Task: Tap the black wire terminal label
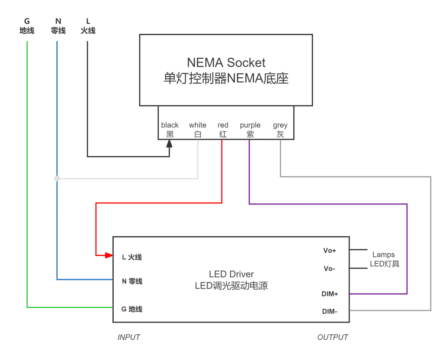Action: [x=170, y=129]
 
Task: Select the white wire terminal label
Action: [x=198, y=129]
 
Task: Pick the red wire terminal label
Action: [x=223, y=129]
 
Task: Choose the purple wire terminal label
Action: [x=250, y=129]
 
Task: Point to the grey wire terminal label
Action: [x=280, y=129]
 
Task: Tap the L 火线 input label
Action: [x=132, y=257]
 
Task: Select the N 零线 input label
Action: [x=132, y=281]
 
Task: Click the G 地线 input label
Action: [x=132, y=309]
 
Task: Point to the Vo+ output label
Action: [x=330, y=250]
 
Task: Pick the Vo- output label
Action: [x=329, y=269]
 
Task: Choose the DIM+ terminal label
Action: [x=330, y=294]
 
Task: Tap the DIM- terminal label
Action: [x=330, y=311]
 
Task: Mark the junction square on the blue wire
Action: [x=57, y=178]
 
